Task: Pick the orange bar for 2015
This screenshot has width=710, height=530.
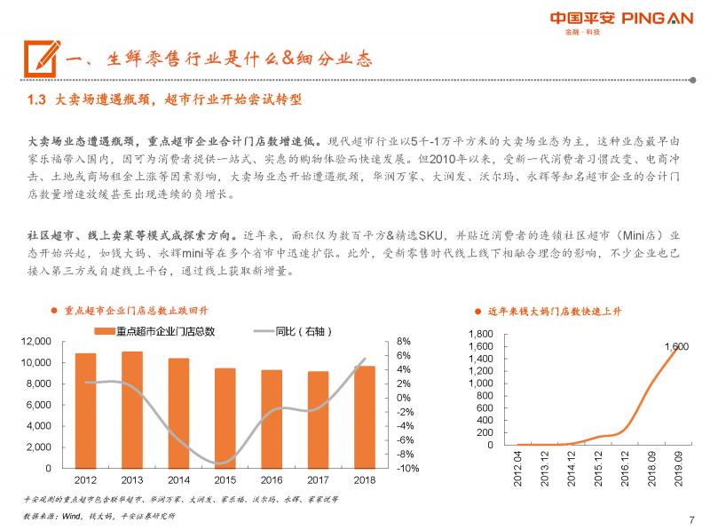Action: [225, 417]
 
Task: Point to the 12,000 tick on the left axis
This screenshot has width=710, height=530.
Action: [38, 341]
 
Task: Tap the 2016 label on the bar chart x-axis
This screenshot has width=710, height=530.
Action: [272, 480]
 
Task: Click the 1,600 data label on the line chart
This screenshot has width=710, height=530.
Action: [676, 346]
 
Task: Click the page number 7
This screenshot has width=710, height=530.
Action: [691, 519]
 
